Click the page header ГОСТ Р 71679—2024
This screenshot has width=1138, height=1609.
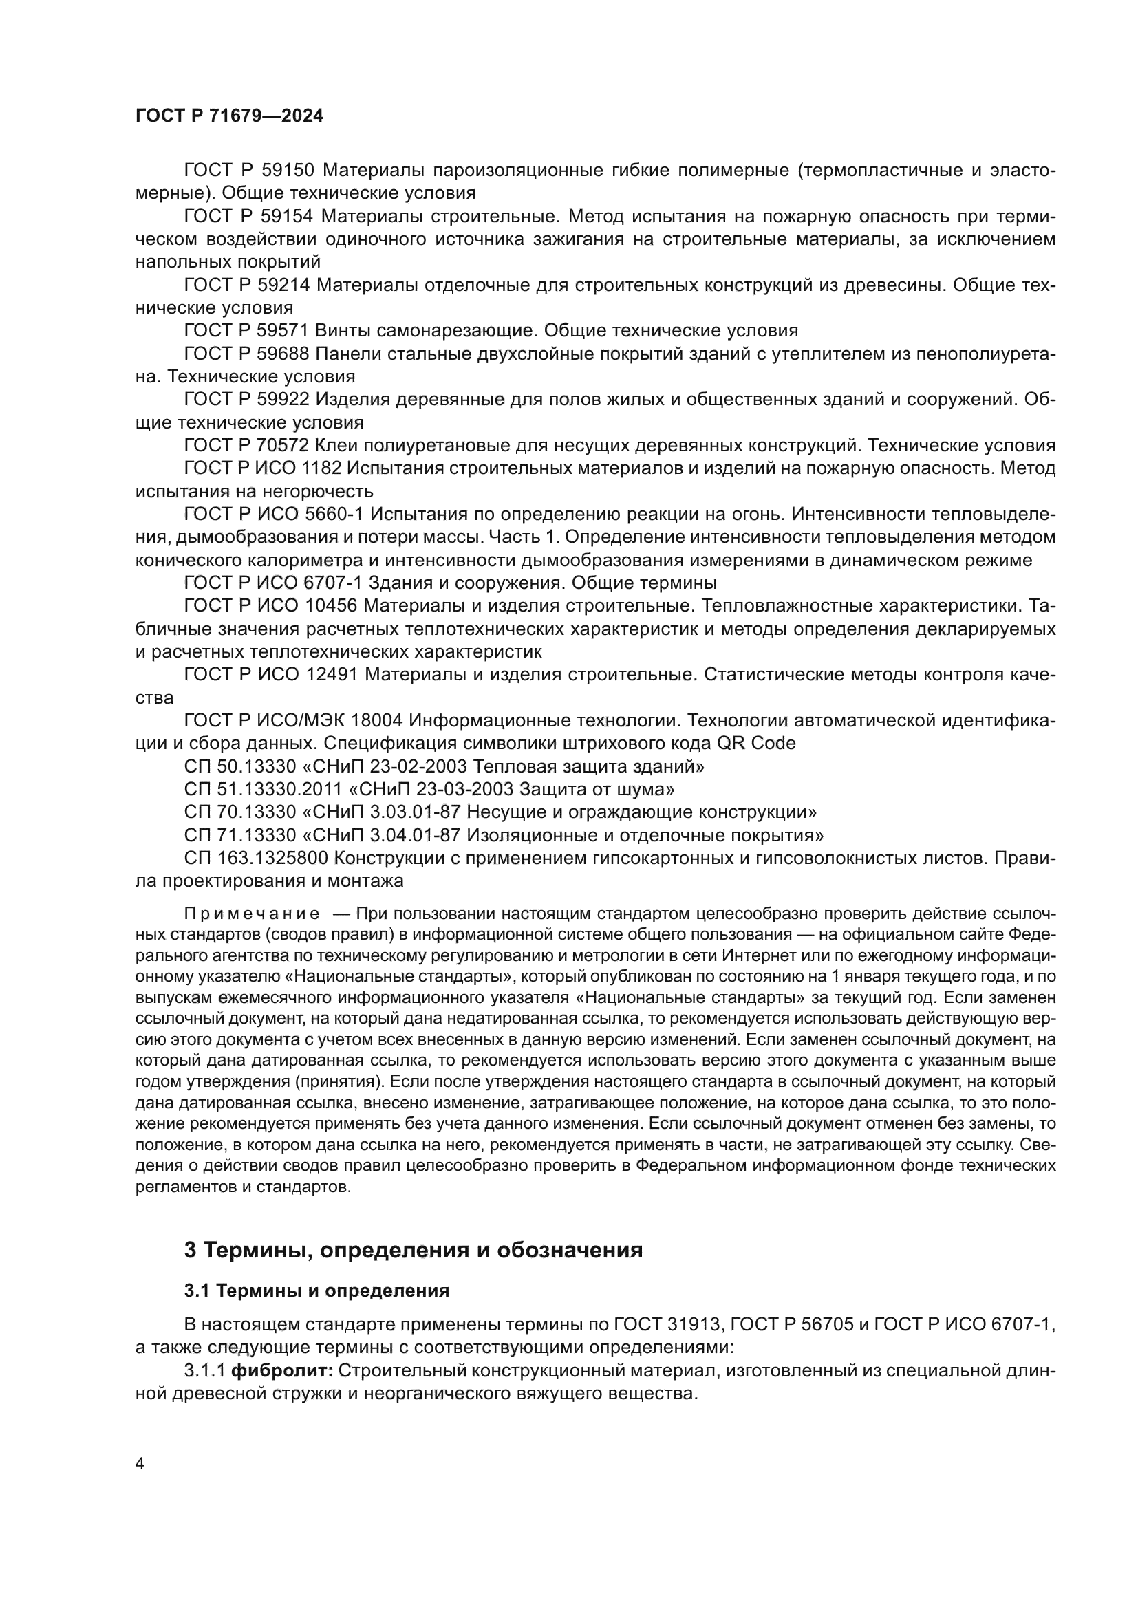click(x=229, y=116)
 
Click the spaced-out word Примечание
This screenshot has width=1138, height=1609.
click(x=252, y=914)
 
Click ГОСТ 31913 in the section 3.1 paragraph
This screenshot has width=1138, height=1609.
click(x=667, y=1324)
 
